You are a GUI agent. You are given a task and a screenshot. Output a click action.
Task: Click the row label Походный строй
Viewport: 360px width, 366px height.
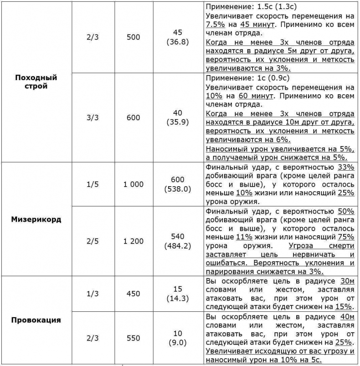36,81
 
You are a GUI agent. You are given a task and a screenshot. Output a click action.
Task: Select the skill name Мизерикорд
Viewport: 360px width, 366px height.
36,219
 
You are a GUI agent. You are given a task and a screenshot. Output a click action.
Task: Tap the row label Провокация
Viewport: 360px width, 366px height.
36,320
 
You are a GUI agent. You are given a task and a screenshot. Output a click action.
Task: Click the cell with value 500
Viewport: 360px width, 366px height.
133,37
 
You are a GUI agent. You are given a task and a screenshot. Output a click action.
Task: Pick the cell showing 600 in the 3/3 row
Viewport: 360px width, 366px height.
133,117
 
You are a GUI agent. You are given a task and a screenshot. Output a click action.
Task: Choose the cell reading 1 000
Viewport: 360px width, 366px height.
133,184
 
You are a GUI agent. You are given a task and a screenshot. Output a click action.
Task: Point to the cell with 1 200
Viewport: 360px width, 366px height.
133,241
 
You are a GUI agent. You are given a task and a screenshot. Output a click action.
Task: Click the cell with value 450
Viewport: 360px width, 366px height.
133,294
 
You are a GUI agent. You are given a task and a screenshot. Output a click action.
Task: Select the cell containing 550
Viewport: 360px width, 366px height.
133,339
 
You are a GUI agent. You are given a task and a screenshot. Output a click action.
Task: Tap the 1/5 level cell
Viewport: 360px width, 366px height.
93,184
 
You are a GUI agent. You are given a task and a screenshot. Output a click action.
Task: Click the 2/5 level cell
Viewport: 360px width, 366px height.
93,241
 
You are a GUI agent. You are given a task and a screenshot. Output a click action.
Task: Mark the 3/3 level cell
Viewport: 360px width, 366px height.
93,117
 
